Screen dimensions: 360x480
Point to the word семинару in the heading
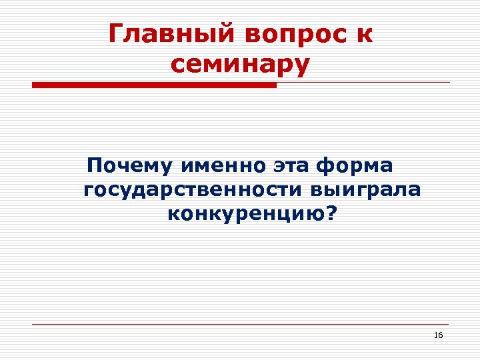[x=240, y=65]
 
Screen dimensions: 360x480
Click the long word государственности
[x=193, y=190]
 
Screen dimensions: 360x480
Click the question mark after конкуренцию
[x=332, y=214]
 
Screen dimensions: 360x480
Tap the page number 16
[x=438, y=335]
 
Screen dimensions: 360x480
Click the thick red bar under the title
[x=154, y=85]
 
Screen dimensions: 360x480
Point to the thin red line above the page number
[x=240, y=324]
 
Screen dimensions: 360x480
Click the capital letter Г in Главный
[x=115, y=33]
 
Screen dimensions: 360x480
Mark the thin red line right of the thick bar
[x=363, y=83]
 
